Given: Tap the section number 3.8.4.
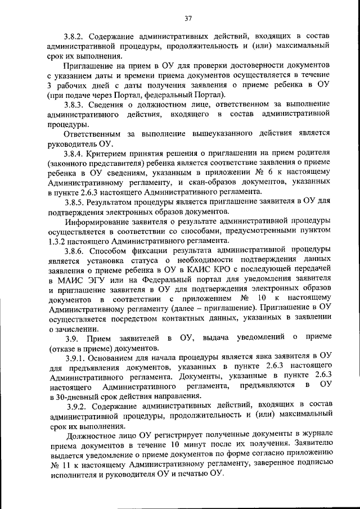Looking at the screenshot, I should tap(76, 154).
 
